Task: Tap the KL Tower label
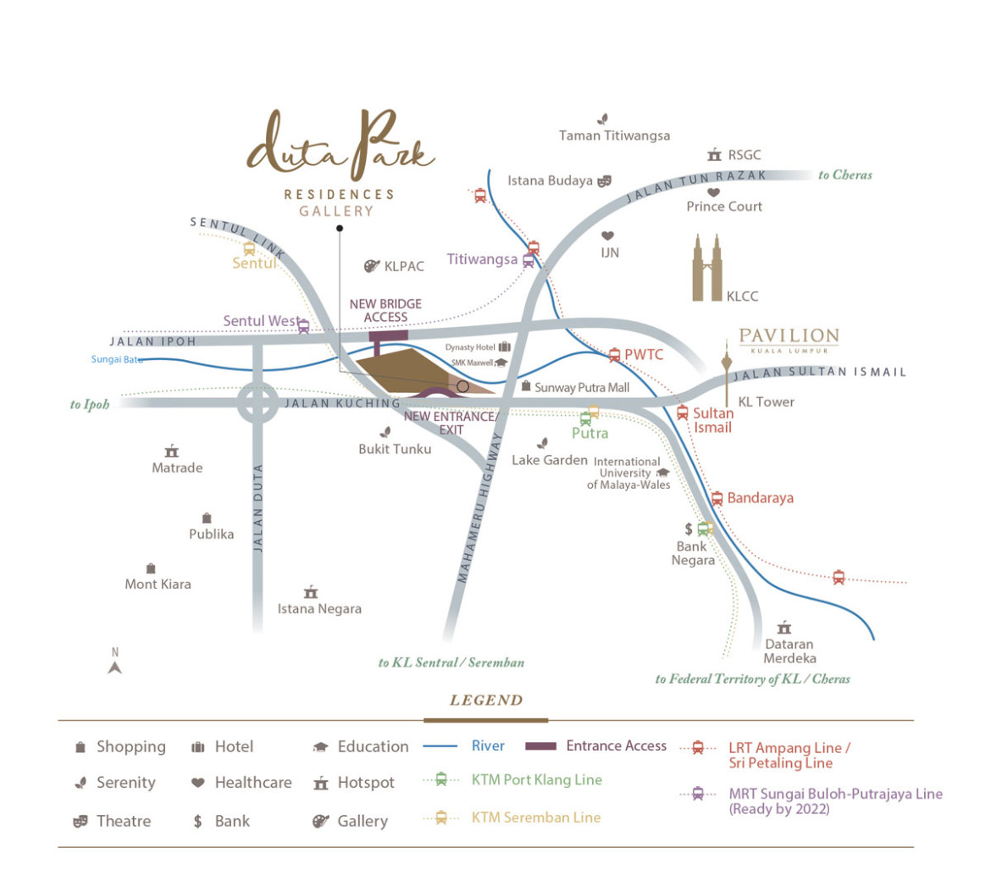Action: (766, 402)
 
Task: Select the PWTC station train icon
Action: (615, 355)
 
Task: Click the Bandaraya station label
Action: (760, 498)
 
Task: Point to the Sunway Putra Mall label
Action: (582, 387)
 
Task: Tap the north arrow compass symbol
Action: (115, 667)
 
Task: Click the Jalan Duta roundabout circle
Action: (257, 403)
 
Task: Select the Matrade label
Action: (177, 468)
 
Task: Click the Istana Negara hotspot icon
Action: (311, 592)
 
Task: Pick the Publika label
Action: (211, 534)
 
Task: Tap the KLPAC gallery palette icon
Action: (371, 266)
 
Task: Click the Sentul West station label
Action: (261, 321)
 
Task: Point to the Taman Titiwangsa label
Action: (614, 136)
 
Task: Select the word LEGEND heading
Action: (486, 701)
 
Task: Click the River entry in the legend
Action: (488, 746)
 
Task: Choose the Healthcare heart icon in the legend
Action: (198, 783)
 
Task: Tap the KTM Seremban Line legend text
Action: (535, 817)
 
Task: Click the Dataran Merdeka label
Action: (789, 651)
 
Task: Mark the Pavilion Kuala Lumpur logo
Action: (789, 339)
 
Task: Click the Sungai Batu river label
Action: (117, 360)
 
